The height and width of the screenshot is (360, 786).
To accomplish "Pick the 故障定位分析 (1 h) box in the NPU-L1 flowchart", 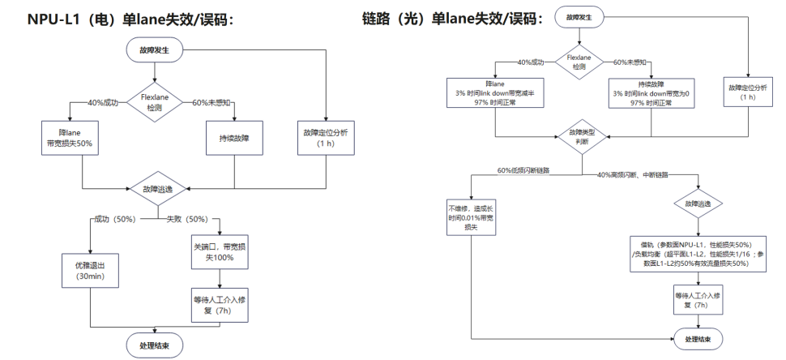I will tap(325, 137).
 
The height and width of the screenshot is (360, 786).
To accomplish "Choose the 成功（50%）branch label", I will tap(113, 219).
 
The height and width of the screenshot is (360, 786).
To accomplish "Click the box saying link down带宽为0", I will tap(648, 92).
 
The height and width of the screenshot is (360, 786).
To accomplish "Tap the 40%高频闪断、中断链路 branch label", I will tap(637, 175).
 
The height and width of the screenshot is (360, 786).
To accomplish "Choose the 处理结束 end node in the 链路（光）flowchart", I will tap(698, 338).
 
